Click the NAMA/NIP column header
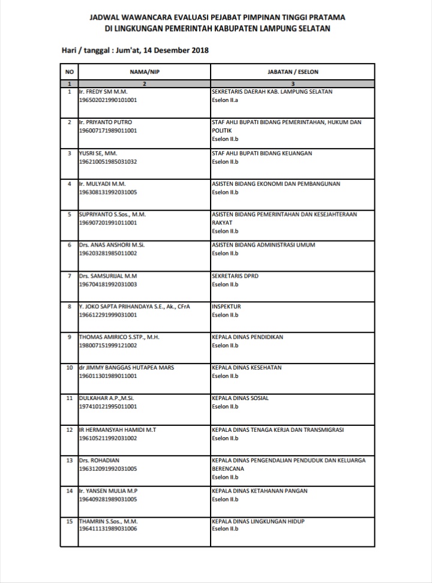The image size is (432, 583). pyautogui.click(x=144, y=71)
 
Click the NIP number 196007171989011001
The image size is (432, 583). pyautogui.click(x=108, y=130)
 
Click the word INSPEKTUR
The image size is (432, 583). pyautogui.click(x=226, y=306)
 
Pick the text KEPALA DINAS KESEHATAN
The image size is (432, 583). pyautogui.click(x=248, y=368)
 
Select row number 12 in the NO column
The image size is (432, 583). pyautogui.click(x=70, y=429)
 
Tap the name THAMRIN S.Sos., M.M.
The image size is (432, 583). pyautogui.click(x=109, y=521)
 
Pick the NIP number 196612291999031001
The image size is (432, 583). pyautogui.click(x=108, y=314)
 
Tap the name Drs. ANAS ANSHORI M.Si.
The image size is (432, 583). pyautogui.click(x=112, y=245)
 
